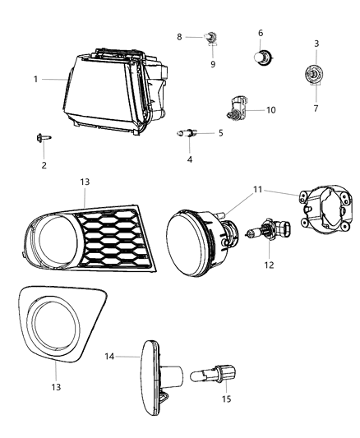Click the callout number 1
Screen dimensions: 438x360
[x=36, y=80]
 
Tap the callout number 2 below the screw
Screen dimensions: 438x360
[x=44, y=165]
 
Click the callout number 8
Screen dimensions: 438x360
[x=180, y=37]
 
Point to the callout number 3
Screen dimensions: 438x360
[x=316, y=43]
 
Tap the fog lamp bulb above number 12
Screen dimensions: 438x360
[x=262, y=233]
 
